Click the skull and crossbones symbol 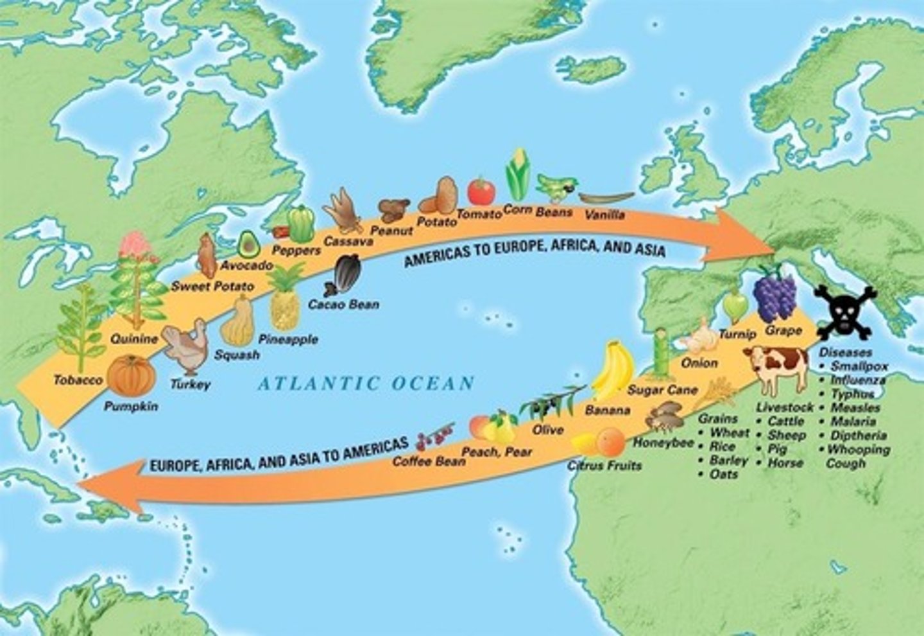(845, 312)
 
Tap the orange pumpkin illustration (130, 376)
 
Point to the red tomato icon (481, 191)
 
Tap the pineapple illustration (285, 299)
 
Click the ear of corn (518, 175)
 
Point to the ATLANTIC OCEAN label (366, 384)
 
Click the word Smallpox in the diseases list (859, 366)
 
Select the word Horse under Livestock (785, 463)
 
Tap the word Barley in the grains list (729, 461)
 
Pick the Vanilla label (604, 215)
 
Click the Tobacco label (78, 380)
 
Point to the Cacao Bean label (343, 304)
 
